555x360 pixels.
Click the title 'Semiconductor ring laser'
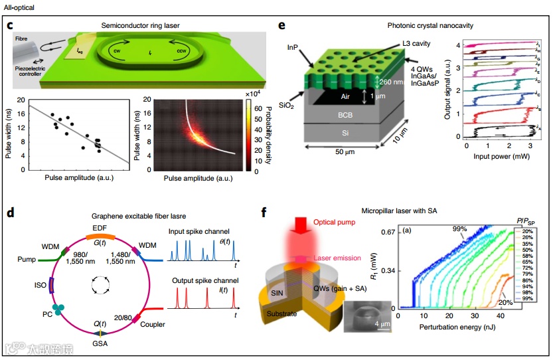click(x=140, y=25)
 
